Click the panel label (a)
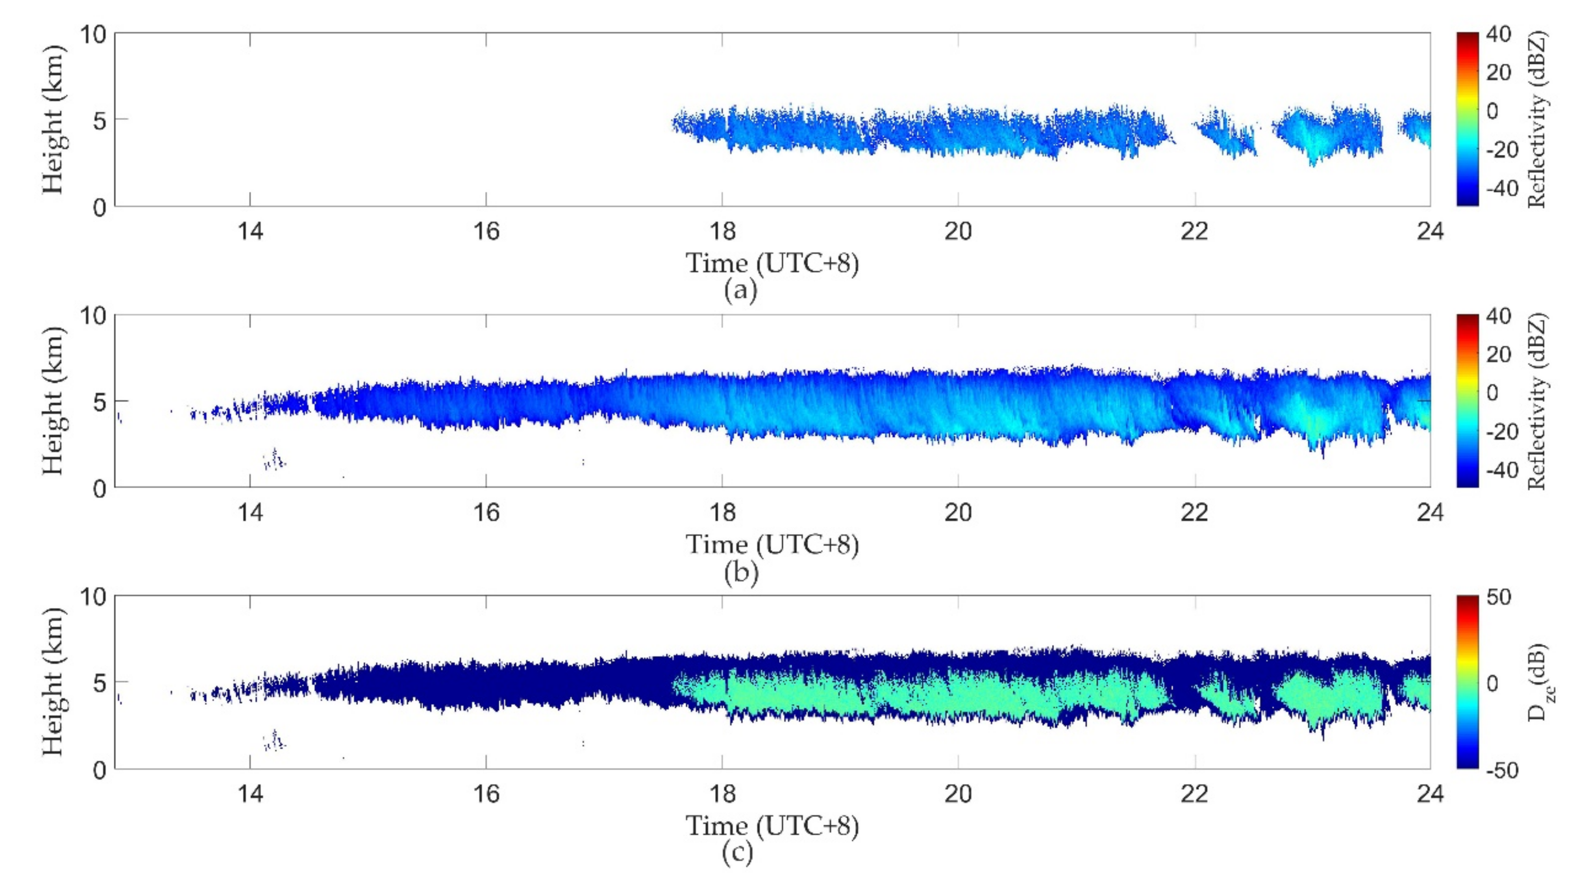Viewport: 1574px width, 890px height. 740,290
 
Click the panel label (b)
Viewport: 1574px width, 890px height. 740,572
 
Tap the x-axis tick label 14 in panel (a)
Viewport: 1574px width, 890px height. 250,232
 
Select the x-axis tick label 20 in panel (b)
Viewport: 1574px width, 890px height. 958,512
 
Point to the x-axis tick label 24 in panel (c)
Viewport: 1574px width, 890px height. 1430,794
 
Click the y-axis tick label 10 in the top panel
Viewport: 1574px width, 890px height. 93,35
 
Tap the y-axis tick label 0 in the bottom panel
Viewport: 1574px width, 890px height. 100,770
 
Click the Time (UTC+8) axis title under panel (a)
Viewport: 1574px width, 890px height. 772,263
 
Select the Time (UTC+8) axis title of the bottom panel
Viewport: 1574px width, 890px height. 772,826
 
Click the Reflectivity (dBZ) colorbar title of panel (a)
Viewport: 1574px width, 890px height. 1538,120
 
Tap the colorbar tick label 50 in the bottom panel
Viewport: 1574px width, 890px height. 1499,597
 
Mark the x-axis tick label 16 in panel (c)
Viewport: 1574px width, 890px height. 486,794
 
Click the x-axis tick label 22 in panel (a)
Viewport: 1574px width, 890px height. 1194,232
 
